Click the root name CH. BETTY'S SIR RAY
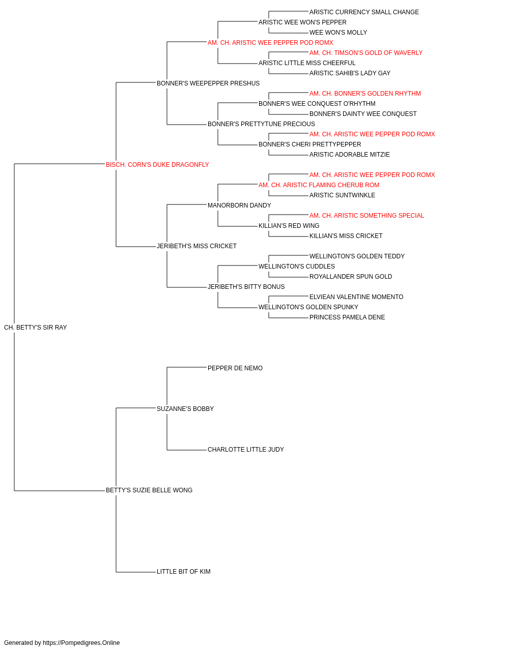pos(35,328)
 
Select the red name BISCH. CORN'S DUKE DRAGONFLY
pos(157,165)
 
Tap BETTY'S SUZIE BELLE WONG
pos(149,490)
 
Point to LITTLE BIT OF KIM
pos(183,572)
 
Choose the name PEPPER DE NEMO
pos(235,368)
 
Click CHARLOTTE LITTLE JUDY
pos(246,450)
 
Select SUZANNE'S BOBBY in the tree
pos(185,409)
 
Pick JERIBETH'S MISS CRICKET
pos(196,246)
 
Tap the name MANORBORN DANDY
pos(239,205)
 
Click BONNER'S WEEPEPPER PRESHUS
pos(208,83)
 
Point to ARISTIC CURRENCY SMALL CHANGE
pos(364,12)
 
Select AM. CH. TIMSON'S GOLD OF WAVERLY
pos(366,53)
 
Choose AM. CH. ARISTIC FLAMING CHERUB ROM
pos(319,185)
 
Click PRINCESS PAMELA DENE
pos(347,317)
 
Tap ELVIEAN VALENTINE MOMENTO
pos(356,297)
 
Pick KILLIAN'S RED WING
pos(289,226)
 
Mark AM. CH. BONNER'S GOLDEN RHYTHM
pos(365,94)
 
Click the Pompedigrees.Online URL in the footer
pos(81,643)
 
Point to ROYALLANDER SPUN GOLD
pos(351,277)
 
